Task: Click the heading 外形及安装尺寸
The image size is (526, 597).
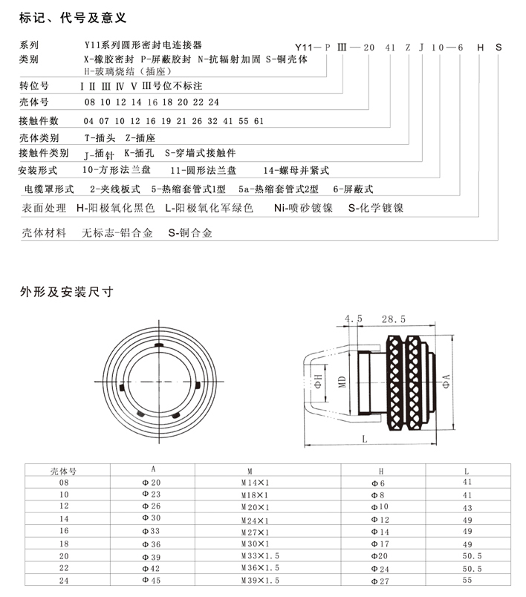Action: pos(66,292)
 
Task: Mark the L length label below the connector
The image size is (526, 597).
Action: pos(365,438)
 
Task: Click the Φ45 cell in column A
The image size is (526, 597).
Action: pos(152,581)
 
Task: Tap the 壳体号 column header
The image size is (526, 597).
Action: pos(64,471)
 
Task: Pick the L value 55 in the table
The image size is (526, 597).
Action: pos(467,581)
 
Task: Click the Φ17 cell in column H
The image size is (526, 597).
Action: pos(380,544)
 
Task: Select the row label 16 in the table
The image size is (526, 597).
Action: pos(63,532)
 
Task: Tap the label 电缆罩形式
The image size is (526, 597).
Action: pos(49,189)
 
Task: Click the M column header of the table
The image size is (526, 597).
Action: pos(250,471)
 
